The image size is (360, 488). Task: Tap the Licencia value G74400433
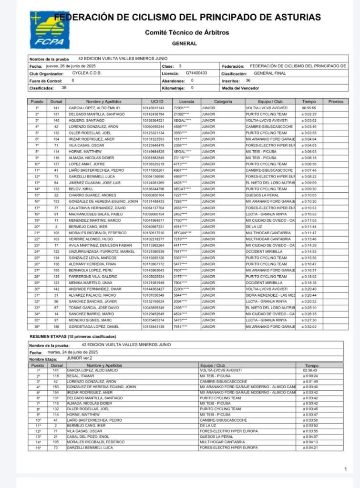pyautogui.click(x=196, y=73)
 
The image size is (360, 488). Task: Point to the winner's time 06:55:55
pyautogui.click(x=309, y=108)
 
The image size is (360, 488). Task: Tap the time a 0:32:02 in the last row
pyautogui.click(x=309, y=326)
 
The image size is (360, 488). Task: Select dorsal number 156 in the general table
pyautogui.click(x=56, y=326)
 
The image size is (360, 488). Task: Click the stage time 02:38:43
pyautogui.click(x=311, y=370)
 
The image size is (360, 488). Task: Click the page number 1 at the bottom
pyautogui.click(x=345, y=470)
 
